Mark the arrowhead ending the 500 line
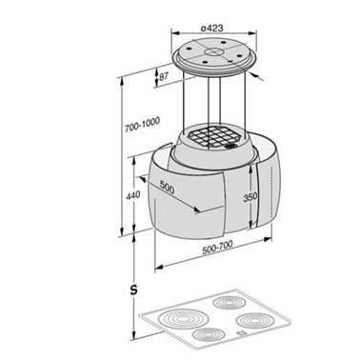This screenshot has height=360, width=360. point(198,211)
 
